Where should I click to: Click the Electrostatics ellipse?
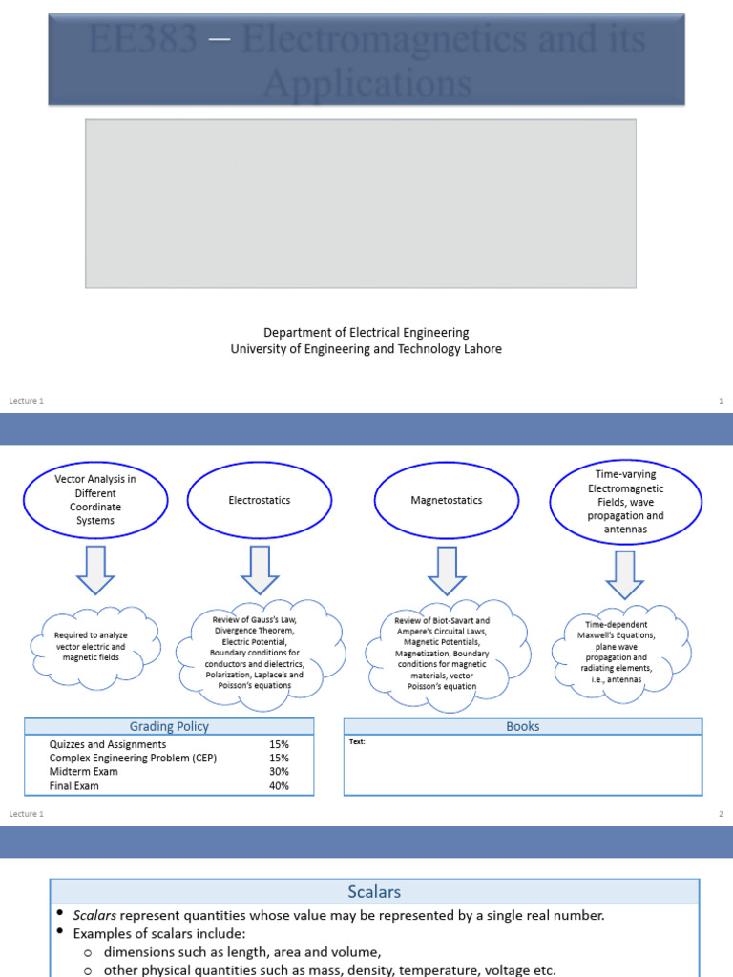(x=260, y=500)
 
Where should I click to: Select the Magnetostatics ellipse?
(x=448, y=500)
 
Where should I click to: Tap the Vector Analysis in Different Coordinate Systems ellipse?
(x=95, y=500)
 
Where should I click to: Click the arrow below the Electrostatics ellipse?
(x=260, y=571)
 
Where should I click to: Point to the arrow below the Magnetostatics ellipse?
(x=448, y=571)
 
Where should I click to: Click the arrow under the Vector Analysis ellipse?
(x=96, y=571)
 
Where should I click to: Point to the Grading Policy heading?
(x=169, y=727)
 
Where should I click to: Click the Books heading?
(x=522, y=727)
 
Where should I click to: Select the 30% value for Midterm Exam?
(x=279, y=772)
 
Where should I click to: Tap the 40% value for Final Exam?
(x=279, y=786)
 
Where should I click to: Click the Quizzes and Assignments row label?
(x=107, y=744)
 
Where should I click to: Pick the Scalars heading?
(x=374, y=892)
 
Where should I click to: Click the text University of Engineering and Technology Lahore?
(x=366, y=349)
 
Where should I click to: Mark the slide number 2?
(x=721, y=814)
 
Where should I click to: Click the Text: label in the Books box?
(x=357, y=741)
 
